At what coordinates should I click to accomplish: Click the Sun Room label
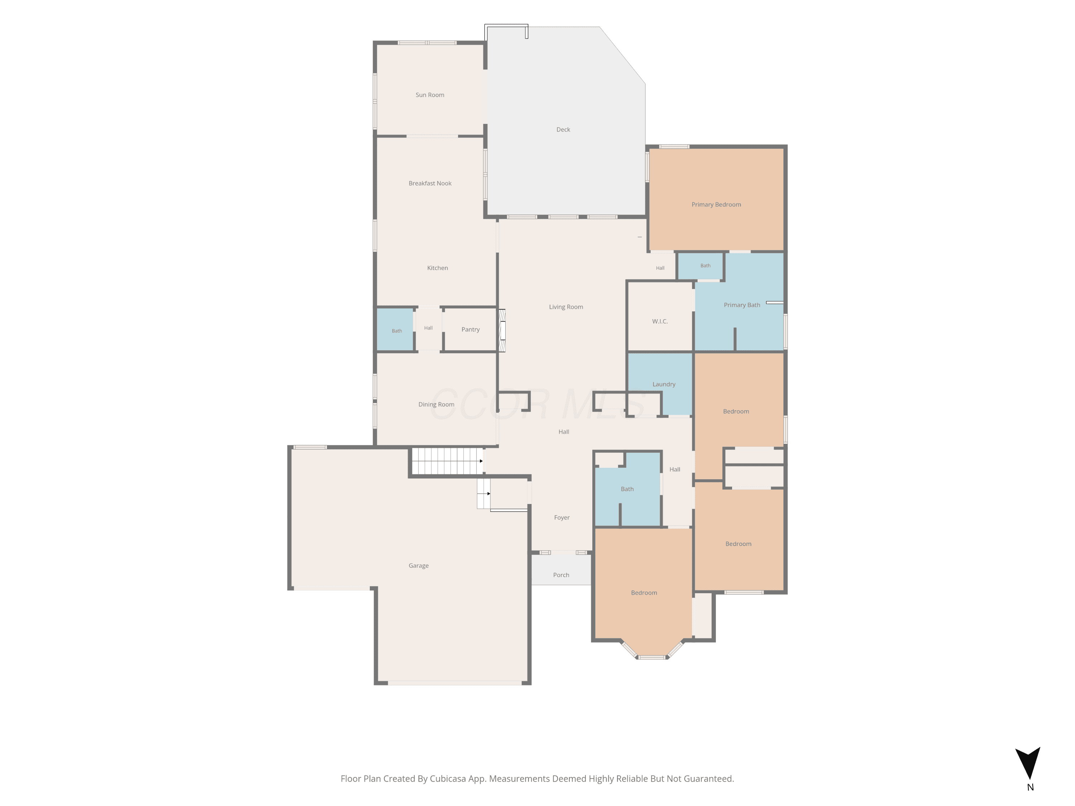430,95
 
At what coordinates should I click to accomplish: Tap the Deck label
563,129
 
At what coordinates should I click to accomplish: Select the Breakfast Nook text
430,183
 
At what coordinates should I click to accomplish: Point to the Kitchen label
438,268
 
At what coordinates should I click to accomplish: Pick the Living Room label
566,307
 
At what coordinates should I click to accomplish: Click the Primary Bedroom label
716,205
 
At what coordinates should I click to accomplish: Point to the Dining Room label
436,404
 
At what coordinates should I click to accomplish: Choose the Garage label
419,566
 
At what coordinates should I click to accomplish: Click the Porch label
561,575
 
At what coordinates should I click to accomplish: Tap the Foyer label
562,517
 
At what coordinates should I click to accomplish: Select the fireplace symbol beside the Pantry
502,330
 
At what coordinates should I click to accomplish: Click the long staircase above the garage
447,461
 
